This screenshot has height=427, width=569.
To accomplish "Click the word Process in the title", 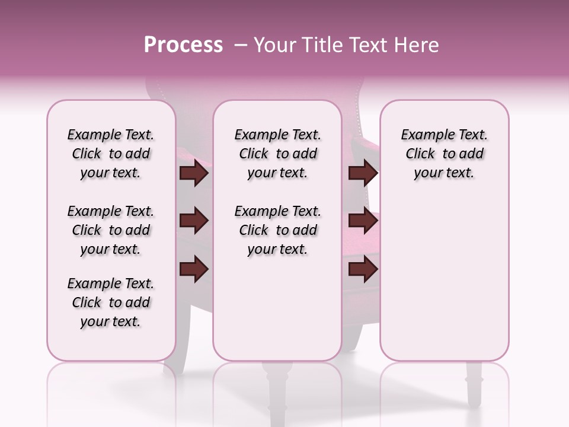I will [183, 45].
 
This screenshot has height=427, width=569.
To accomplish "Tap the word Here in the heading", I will [417, 45].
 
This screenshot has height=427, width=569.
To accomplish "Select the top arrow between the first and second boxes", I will [194, 173].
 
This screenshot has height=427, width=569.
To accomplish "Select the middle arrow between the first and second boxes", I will [194, 221].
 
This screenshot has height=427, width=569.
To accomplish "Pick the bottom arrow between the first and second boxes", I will [194, 269].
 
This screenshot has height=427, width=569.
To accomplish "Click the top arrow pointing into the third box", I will [363, 173].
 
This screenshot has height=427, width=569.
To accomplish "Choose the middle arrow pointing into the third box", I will [363, 221].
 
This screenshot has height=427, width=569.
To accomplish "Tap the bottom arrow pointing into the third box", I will [363, 269].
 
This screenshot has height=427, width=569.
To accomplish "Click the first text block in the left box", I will [111, 154].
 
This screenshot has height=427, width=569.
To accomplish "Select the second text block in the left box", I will [111, 230].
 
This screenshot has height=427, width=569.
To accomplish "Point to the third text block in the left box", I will [111, 302].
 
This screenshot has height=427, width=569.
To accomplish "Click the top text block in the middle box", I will [277, 154].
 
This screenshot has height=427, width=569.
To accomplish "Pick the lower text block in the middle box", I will [277, 230].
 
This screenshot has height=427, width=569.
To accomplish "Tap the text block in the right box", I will [444, 154].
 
